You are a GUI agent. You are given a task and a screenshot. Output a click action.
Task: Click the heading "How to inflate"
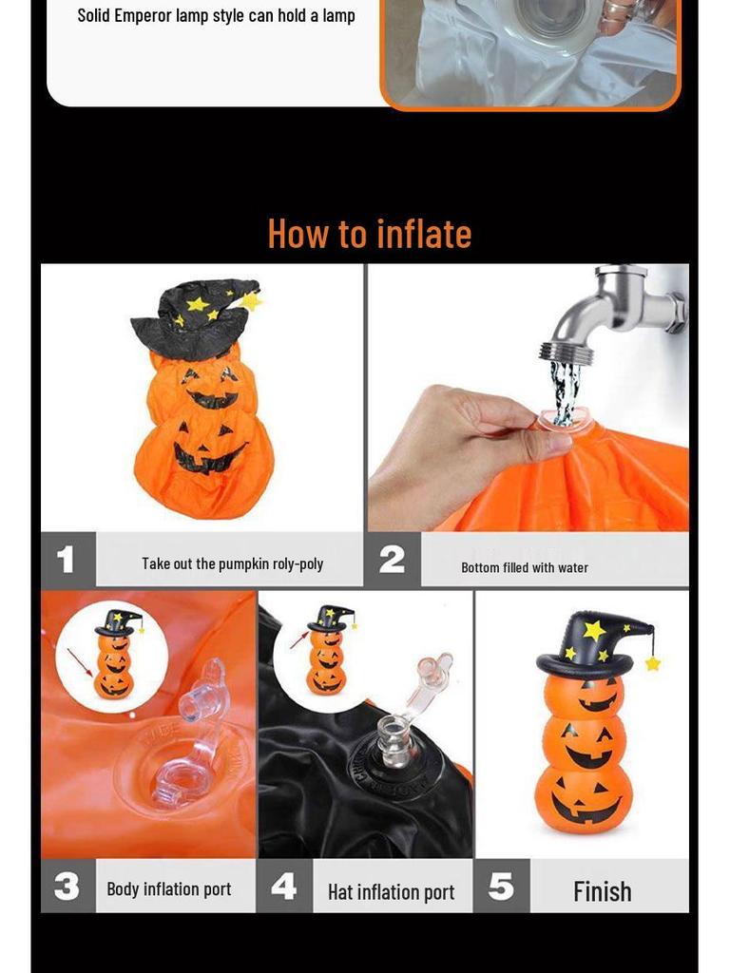[x=369, y=234]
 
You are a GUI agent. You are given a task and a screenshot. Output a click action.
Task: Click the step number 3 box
[x=67, y=887]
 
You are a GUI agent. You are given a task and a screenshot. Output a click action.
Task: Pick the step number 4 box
[x=284, y=887]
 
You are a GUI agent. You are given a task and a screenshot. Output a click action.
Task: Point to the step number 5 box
[x=501, y=887]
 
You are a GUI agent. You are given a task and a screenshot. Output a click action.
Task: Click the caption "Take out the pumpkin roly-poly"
[x=233, y=563]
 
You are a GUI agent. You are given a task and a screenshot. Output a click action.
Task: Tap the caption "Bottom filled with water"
[x=525, y=567]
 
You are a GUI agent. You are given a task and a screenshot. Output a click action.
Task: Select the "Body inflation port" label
[x=169, y=889]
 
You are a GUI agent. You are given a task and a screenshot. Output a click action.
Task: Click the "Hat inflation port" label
[x=391, y=892]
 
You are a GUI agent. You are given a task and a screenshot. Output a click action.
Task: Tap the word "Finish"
[x=602, y=891]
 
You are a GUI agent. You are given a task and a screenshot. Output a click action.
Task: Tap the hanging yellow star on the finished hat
[x=653, y=663]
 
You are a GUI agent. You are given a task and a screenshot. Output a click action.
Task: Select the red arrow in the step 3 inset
[x=80, y=661]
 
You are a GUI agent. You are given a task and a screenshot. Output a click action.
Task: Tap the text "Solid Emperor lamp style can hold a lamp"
[x=217, y=15]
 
